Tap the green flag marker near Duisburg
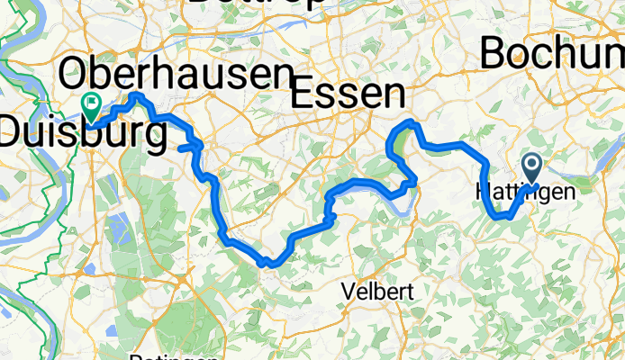[x=92, y=105]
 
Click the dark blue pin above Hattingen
[x=531, y=167]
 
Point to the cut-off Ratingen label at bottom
[x=166, y=356]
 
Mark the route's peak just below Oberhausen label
[x=137, y=94]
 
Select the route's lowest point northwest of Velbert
[x=267, y=263]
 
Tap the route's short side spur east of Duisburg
[x=186, y=145]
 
